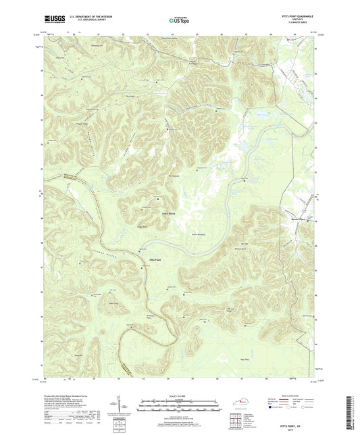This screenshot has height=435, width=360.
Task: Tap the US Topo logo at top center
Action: point(179,21)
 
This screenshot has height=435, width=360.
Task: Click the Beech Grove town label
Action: point(298,220)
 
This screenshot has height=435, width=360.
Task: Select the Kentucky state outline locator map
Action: point(242,401)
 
